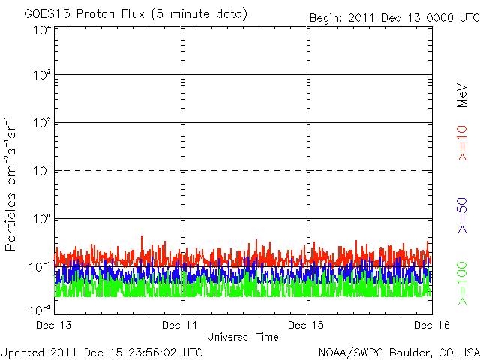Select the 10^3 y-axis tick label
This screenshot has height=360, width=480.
pos(41,76)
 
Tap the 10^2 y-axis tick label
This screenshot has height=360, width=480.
pos(41,124)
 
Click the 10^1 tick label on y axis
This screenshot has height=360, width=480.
pos(41,172)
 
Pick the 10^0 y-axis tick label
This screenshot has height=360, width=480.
pos(41,220)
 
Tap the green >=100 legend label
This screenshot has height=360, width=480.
pos(463,283)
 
